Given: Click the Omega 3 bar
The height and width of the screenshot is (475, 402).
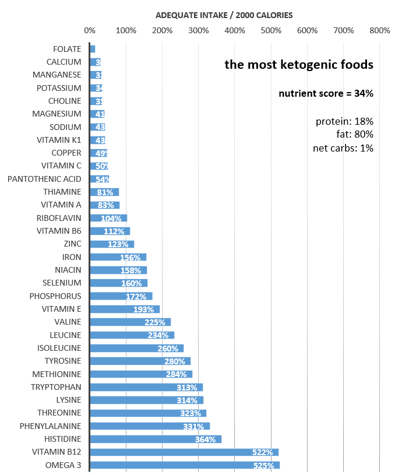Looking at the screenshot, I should pyautogui.click(x=185, y=465).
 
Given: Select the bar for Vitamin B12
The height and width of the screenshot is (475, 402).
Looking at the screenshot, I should pyautogui.click(x=184, y=452).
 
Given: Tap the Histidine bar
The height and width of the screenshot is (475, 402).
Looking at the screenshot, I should pyautogui.click(x=156, y=439).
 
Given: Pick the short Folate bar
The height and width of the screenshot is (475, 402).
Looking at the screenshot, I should pyautogui.click(x=93, y=49).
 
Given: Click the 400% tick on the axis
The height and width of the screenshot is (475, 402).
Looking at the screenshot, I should pyautogui.click(x=235, y=30).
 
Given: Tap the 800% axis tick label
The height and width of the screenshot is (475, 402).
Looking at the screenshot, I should pyautogui.click(x=380, y=30).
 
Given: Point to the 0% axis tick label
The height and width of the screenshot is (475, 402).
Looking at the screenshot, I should pyautogui.click(x=90, y=30).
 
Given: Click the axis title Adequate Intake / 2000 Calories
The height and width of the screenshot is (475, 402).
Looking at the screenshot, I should pyautogui.click(x=224, y=15).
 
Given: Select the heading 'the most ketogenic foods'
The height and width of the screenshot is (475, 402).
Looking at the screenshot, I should pyautogui.click(x=299, y=65).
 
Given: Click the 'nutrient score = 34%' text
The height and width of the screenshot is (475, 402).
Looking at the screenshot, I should pyautogui.click(x=326, y=93).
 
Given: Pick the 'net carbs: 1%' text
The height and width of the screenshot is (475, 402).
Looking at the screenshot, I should pyautogui.click(x=343, y=148).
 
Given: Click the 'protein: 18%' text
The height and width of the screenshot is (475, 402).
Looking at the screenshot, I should pyautogui.click(x=344, y=121).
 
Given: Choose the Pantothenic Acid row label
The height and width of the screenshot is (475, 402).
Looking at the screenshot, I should pyautogui.click(x=44, y=179).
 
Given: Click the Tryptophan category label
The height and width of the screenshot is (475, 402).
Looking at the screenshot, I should pyautogui.click(x=56, y=387).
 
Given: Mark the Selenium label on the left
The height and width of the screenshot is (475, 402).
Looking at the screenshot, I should pyautogui.click(x=61, y=283).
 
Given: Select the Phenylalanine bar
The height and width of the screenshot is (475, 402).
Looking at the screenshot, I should pyautogui.click(x=150, y=426).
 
